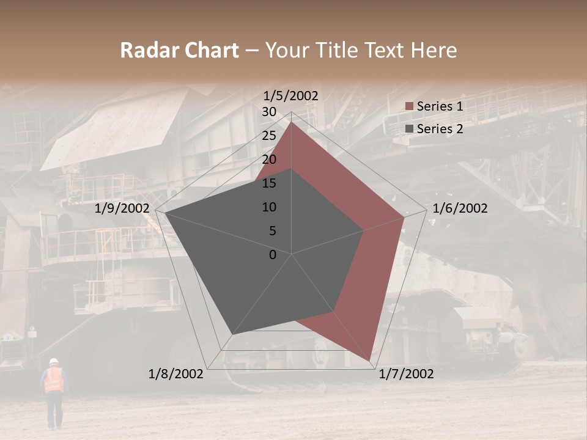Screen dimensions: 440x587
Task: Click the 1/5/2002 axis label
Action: click(290, 96)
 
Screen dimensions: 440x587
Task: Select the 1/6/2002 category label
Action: click(460, 208)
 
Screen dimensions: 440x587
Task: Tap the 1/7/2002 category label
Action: click(406, 374)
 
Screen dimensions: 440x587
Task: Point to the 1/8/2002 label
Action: click(176, 374)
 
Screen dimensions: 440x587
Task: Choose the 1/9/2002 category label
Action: click(122, 208)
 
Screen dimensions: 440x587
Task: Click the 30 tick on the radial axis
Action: click(268, 112)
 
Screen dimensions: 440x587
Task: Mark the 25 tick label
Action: click(268, 136)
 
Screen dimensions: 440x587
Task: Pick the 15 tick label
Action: click(268, 183)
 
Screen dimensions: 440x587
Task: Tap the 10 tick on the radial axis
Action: click(268, 207)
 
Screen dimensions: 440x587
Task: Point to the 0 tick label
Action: click(273, 255)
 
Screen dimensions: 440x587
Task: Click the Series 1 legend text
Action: click(440, 106)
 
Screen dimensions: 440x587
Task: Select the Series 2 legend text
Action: click(440, 129)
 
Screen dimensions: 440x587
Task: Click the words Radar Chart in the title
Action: click(179, 51)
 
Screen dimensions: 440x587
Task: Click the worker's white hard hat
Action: click(54, 361)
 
